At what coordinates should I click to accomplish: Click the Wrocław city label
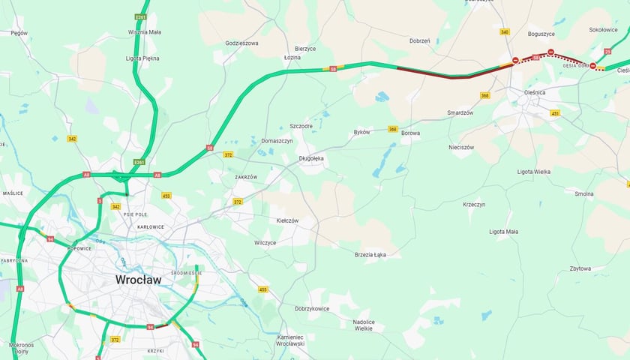click(139, 279)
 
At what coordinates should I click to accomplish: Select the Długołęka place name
click(310, 158)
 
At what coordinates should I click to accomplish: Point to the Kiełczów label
click(286, 220)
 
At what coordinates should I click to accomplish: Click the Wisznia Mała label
click(145, 32)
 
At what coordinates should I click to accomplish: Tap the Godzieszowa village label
click(241, 43)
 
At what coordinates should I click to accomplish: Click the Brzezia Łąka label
click(370, 254)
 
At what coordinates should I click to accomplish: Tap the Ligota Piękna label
click(142, 58)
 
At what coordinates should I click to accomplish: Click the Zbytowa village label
click(580, 268)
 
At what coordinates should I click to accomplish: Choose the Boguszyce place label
click(540, 34)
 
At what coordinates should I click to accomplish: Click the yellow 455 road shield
click(262, 289)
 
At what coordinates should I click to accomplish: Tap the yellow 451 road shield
click(555, 113)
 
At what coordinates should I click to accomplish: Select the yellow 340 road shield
click(505, 31)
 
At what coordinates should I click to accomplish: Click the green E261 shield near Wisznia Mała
click(140, 16)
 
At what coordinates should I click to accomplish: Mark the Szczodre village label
click(301, 126)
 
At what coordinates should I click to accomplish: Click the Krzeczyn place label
click(475, 204)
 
